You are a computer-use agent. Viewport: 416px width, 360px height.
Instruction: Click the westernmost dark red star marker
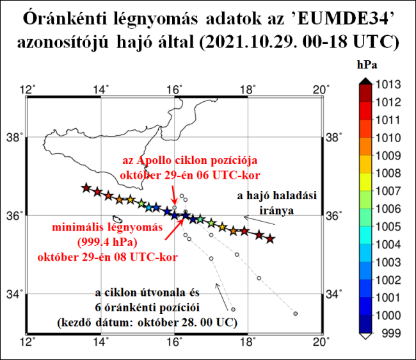click(x=86, y=188)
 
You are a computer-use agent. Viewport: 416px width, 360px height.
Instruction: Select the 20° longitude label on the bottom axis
click(x=321, y=341)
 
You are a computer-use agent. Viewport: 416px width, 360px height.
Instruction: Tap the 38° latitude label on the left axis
click(x=14, y=137)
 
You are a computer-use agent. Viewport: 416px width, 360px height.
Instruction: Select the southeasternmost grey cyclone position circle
click(x=296, y=313)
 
